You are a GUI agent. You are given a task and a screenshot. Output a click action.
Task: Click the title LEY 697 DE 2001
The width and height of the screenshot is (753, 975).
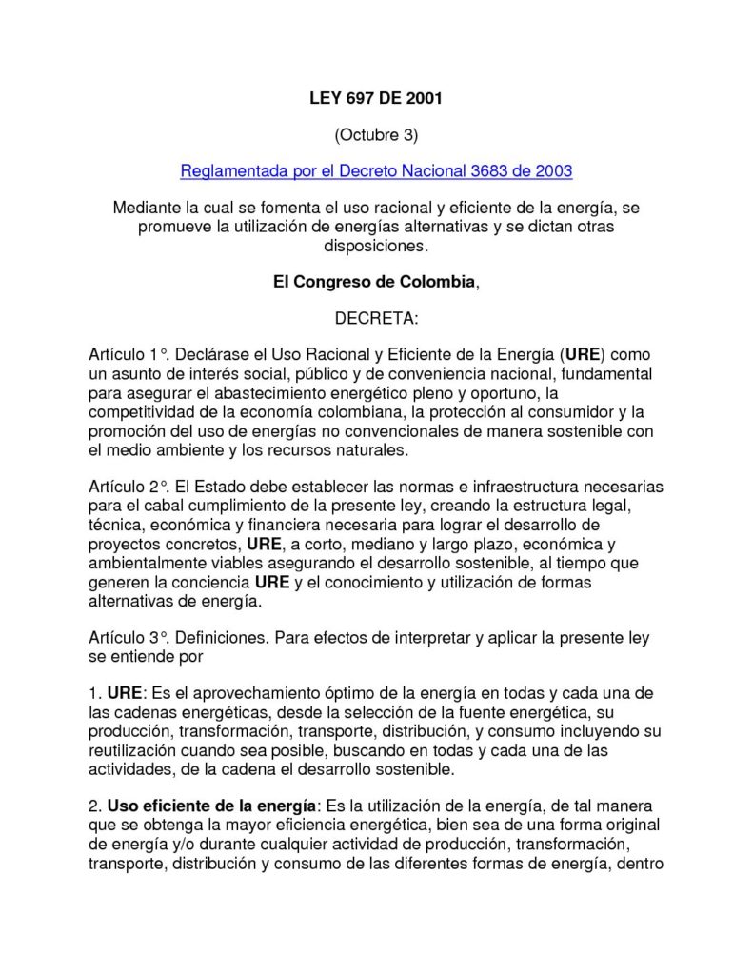point(376,98)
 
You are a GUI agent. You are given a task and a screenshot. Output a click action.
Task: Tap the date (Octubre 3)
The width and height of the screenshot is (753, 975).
point(376,134)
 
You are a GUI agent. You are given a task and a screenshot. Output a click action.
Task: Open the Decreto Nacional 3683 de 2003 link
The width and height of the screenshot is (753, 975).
point(376,171)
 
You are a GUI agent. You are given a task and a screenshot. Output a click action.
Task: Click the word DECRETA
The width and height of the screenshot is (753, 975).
point(376,318)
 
